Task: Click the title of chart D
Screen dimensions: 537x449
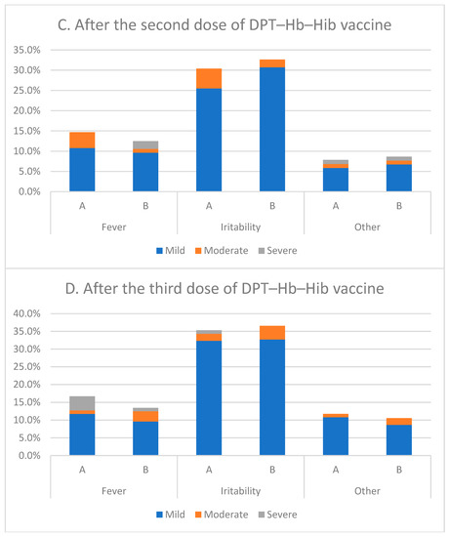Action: (x=224, y=289)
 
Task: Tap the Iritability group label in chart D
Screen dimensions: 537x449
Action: (x=241, y=490)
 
